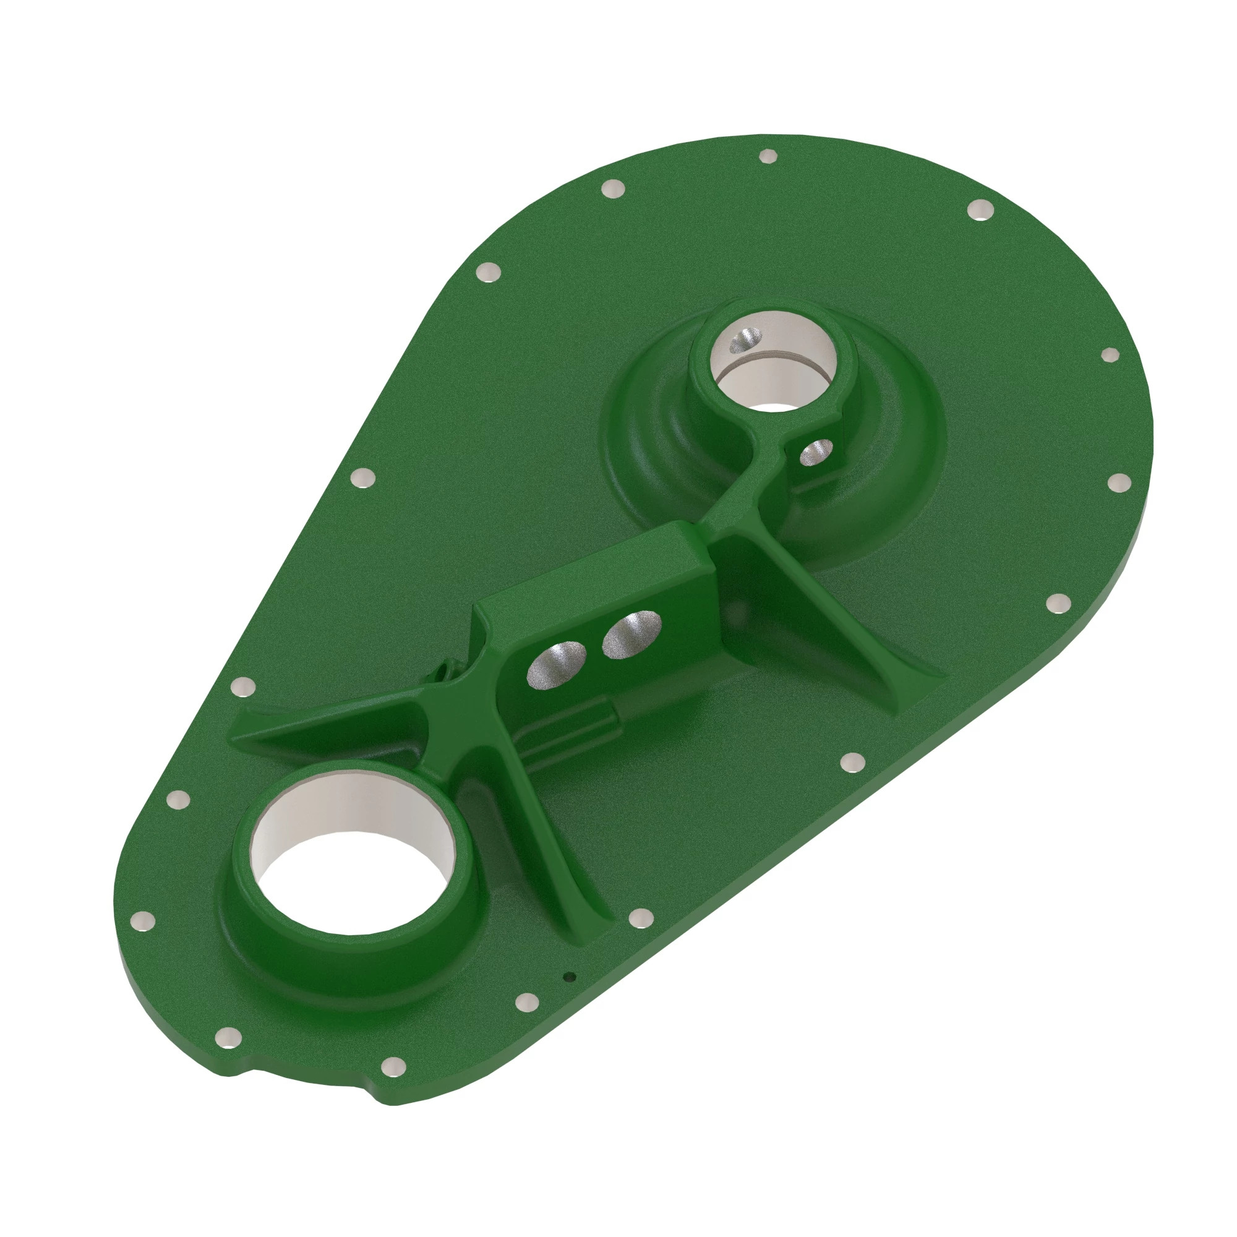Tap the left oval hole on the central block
556,666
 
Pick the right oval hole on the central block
631,633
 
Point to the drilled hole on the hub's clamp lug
816,452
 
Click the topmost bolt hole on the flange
767,156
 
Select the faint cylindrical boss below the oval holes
576,730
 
